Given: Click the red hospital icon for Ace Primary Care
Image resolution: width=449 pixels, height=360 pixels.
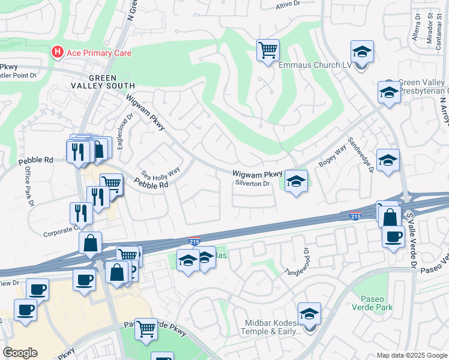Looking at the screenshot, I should (58, 53).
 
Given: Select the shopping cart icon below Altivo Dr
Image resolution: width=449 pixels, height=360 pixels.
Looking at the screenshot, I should (268, 50).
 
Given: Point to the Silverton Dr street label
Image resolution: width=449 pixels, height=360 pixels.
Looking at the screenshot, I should (253, 184).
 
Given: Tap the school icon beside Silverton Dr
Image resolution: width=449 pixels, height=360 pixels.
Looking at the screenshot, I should (295, 181).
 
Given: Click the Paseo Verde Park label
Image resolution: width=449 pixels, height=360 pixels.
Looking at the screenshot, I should (376, 304).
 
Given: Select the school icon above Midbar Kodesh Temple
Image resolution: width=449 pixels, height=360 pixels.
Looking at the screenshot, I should (309, 314).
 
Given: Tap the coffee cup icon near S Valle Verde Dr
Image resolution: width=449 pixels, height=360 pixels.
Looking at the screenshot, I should (393, 236).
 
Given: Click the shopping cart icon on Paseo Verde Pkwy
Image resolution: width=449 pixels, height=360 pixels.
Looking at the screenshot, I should (146, 329).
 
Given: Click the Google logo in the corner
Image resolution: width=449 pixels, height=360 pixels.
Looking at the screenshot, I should (20, 353).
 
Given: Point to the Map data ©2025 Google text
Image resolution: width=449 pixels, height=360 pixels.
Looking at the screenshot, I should (411, 355).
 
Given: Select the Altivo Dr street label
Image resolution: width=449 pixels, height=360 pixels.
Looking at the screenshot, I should (288, 4).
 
